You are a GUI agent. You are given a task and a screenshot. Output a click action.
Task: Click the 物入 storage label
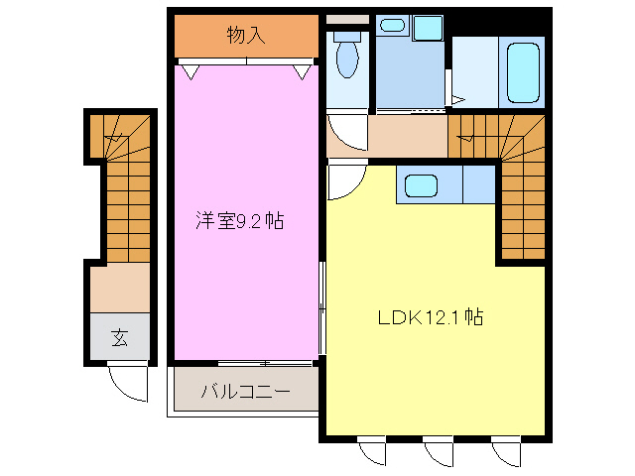246,36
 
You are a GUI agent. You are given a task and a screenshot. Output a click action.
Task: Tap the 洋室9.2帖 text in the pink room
239,221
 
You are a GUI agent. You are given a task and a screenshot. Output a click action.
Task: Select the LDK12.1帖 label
430,318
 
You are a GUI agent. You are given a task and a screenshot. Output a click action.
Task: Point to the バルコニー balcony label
245,391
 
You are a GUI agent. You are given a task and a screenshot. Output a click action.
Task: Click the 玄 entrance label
119,338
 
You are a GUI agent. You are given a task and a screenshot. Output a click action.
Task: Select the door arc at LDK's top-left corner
344,182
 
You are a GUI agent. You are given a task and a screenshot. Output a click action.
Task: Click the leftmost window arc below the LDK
372,451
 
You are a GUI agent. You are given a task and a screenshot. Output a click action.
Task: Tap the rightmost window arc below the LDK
507,451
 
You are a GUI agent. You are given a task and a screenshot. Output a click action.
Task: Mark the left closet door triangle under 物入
187,70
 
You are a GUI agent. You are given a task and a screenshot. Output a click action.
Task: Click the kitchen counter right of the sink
477,184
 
